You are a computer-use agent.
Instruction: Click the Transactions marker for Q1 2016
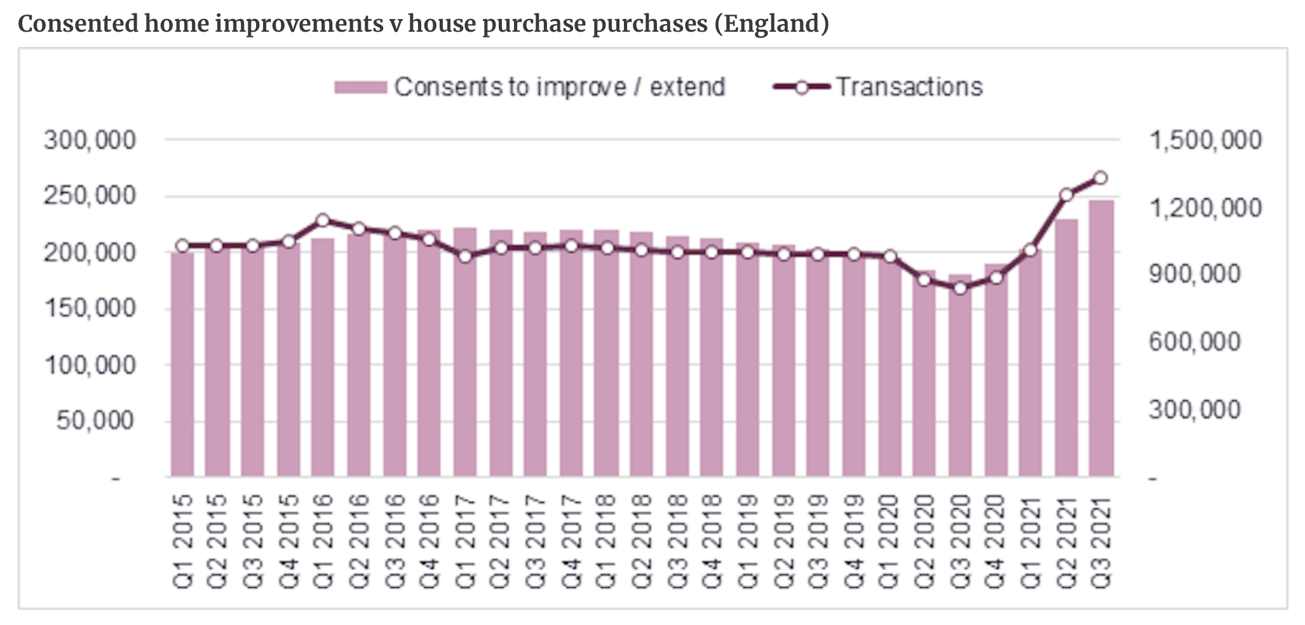[x=323, y=221]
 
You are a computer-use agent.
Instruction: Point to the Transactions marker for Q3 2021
[x=1101, y=178]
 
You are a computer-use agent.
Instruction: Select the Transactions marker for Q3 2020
[x=960, y=288]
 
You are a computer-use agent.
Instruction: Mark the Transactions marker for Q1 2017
[x=465, y=257]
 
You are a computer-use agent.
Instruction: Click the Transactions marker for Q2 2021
[x=1066, y=195]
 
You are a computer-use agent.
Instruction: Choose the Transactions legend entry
[x=909, y=87]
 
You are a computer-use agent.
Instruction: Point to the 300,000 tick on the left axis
[x=90, y=140]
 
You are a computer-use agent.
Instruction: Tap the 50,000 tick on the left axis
[x=95, y=420]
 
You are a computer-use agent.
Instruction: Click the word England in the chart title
[x=771, y=24]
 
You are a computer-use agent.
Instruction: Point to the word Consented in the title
[x=78, y=24]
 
